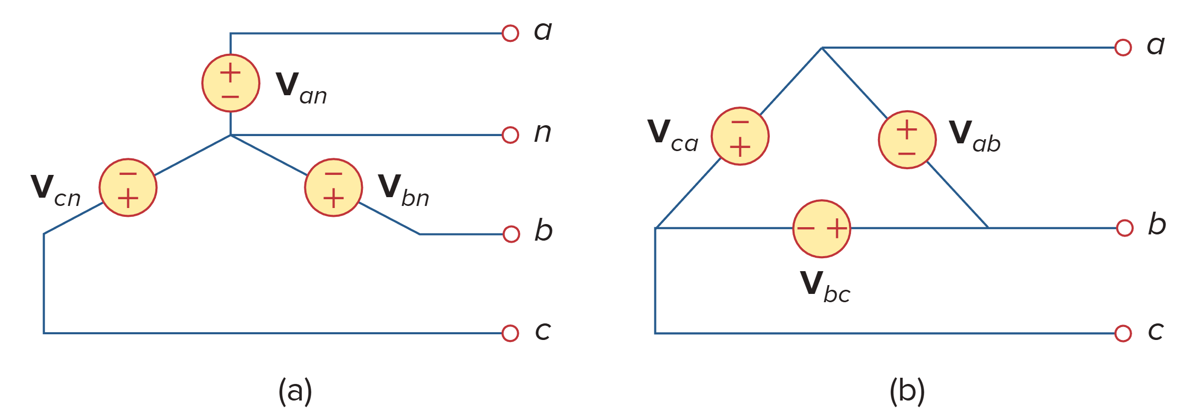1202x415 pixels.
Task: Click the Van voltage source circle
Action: (x=230, y=83)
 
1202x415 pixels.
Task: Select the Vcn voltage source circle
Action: (x=128, y=187)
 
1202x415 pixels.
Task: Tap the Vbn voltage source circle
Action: (x=333, y=187)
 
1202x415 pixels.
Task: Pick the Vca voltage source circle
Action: (x=740, y=136)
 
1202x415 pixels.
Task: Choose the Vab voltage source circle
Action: (x=907, y=140)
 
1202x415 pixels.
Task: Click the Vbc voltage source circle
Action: (x=822, y=229)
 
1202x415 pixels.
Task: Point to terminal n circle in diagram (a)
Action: (x=510, y=135)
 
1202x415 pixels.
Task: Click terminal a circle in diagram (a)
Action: (x=510, y=33)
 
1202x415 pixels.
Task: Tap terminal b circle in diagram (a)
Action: (x=511, y=234)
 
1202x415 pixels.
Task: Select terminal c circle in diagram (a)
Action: (x=510, y=333)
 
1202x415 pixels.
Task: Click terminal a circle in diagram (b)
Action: (x=1123, y=48)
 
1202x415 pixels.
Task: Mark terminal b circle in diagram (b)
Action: (x=1124, y=228)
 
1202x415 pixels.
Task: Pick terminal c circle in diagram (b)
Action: (x=1123, y=333)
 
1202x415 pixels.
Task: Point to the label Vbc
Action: (x=825, y=286)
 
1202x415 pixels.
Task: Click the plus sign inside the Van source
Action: (x=230, y=73)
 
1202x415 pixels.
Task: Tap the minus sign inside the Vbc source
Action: (x=805, y=229)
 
